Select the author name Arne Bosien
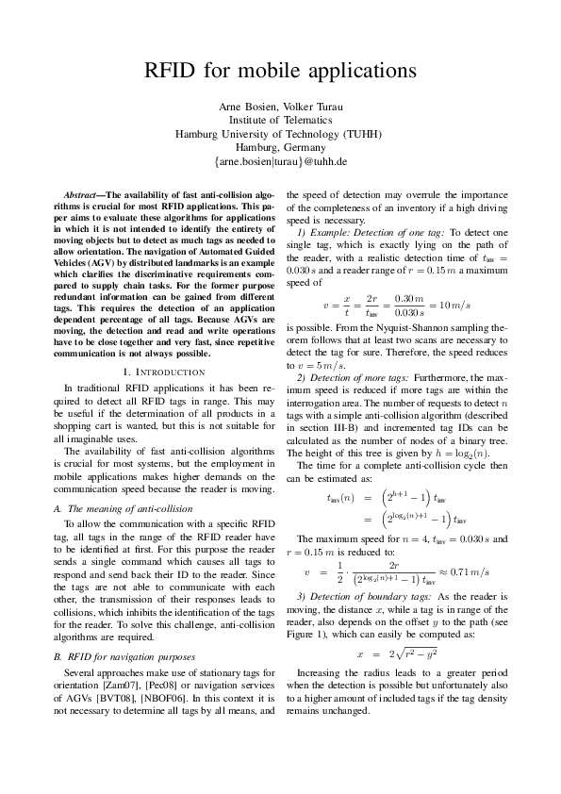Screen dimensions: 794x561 tap(243, 104)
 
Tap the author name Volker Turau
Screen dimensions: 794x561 tap(308, 104)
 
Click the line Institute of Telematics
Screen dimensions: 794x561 tap(280, 119)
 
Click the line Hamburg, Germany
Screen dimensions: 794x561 tap(280, 147)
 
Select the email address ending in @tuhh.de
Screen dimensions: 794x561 tap(280, 162)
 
